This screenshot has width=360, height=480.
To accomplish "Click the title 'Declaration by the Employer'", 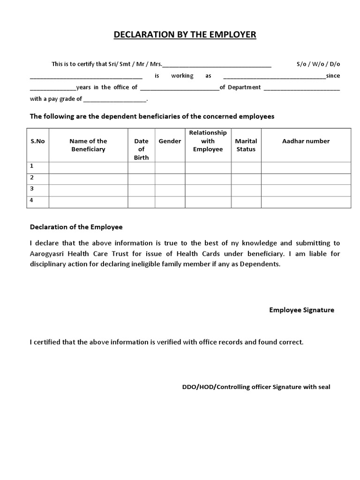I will tap(185, 35).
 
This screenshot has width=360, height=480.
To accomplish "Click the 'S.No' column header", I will tap(37, 141).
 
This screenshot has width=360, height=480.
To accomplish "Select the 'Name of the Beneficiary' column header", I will tap(88, 145).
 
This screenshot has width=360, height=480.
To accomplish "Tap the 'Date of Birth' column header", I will tap(141, 149).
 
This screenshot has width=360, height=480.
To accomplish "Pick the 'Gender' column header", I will tap(170, 141).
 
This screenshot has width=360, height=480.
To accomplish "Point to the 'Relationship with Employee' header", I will tap(208, 141).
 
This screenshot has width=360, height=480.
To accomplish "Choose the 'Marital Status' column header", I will tap(246, 145).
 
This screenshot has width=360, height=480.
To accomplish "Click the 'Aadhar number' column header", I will tap(306, 141).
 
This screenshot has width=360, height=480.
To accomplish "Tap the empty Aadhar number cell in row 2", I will tap(306, 179).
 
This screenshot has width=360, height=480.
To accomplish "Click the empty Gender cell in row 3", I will tap(170, 190).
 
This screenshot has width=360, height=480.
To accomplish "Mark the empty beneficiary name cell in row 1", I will tap(88, 168).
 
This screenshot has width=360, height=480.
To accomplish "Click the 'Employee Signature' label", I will tap(301, 310).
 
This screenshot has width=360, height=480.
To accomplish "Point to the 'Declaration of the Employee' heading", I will tap(76, 227).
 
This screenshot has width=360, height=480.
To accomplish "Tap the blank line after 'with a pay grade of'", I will tap(115, 99).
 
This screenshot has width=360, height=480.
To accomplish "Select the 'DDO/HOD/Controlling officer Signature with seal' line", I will tap(256, 387).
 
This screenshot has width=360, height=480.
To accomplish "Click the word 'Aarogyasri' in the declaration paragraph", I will tap(47, 254).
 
